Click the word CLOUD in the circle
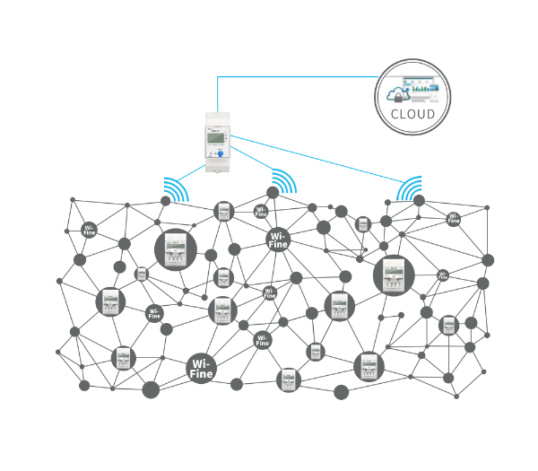point(413,115)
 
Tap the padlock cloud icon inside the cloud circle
point(394,92)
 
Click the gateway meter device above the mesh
point(216,141)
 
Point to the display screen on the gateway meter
point(214,136)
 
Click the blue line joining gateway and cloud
point(296,76)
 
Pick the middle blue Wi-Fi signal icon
point(283,181)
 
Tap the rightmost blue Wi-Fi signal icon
point(411,188)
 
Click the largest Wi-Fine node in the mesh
point(201,367)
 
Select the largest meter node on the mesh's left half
point(175,249)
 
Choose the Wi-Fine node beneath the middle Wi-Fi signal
point(279,240)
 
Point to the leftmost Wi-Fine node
point(90,230)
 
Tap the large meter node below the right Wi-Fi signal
point(394,274)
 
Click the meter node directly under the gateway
point(223,212)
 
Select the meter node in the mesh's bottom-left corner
point(122,358)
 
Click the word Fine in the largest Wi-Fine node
point(201,372)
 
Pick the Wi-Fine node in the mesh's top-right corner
point(454,218)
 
